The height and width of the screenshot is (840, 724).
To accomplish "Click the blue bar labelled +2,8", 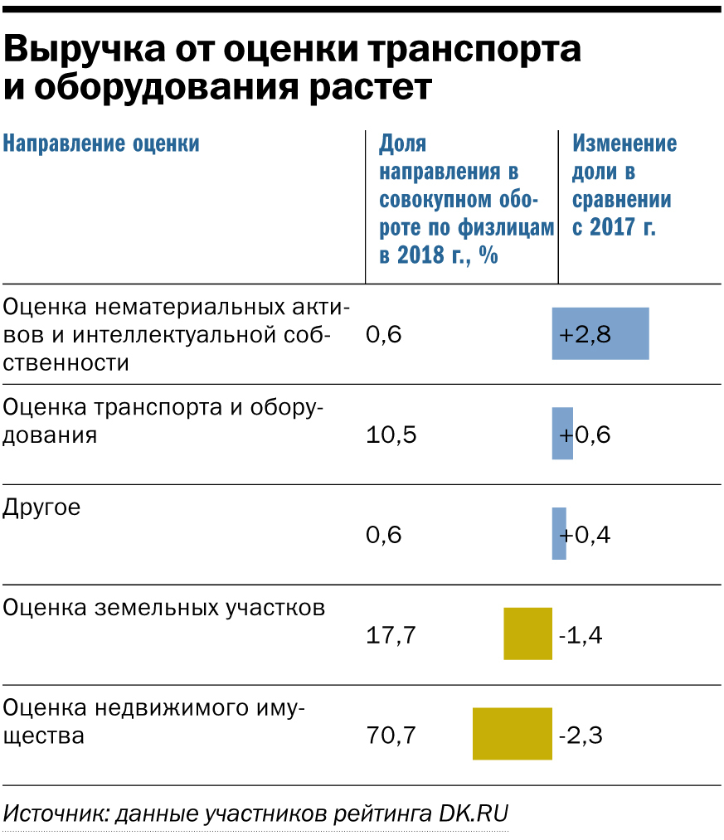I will (x=600, y=333).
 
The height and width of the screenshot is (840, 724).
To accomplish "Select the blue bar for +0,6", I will (x=562, y=434).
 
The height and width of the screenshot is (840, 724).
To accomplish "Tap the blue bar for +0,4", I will (x=559, y=534).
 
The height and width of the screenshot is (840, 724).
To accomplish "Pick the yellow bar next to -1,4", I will (x=527, y=634).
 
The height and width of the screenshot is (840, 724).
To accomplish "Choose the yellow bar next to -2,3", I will (x=512, y=734).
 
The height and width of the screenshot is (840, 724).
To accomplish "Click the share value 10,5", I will (x=391, y=435).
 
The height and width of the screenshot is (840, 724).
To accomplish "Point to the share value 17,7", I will (x=391, y=635).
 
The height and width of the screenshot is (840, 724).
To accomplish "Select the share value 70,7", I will (x=391, y=735).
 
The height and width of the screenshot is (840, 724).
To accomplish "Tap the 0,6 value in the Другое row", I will (x=383, y=535).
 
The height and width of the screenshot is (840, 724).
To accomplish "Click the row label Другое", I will (x=42, y=507).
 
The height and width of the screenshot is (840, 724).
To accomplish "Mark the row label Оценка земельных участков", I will (x=164, y=608).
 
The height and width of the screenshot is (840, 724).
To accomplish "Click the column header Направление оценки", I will (x=101, y=143).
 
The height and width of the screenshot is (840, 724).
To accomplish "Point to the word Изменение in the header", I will (x=624, y=143).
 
